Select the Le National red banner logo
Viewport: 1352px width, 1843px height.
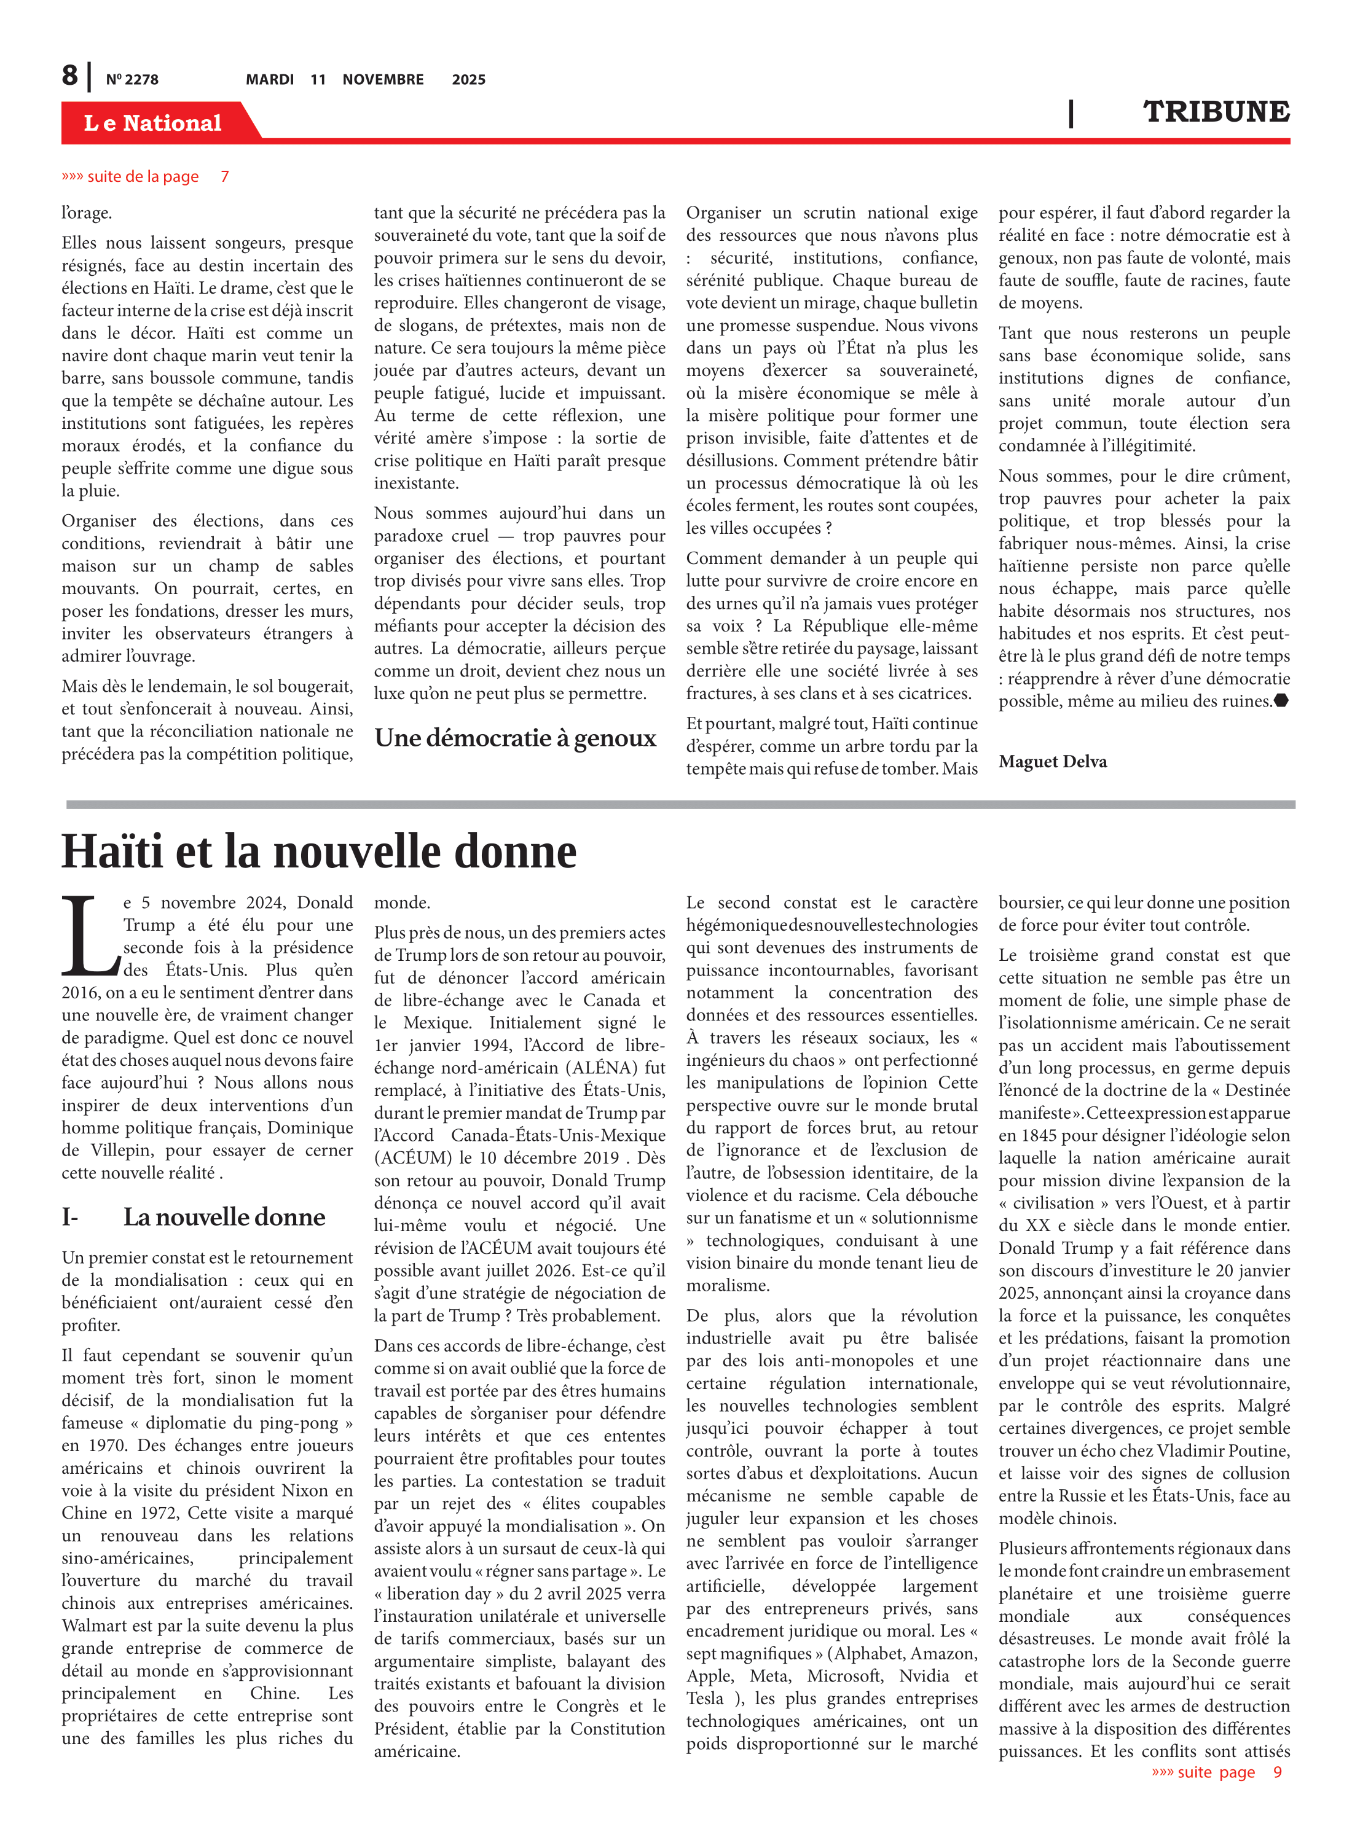click(153, 123)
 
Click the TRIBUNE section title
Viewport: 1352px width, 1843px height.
click(1216, 112)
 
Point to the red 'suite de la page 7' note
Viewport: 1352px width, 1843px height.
click(145, 177)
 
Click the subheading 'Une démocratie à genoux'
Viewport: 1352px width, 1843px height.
click(515, 738)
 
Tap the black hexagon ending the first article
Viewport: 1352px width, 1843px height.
click(1281, 700)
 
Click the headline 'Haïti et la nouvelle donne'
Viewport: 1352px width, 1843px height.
click(319, 851)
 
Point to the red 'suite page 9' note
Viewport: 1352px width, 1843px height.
click(1216, 1772)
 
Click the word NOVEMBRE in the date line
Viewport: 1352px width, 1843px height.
click(383, 79)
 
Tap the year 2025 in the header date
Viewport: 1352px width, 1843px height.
click(468, 79)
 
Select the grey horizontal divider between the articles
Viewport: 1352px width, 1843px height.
click(679, 805)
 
